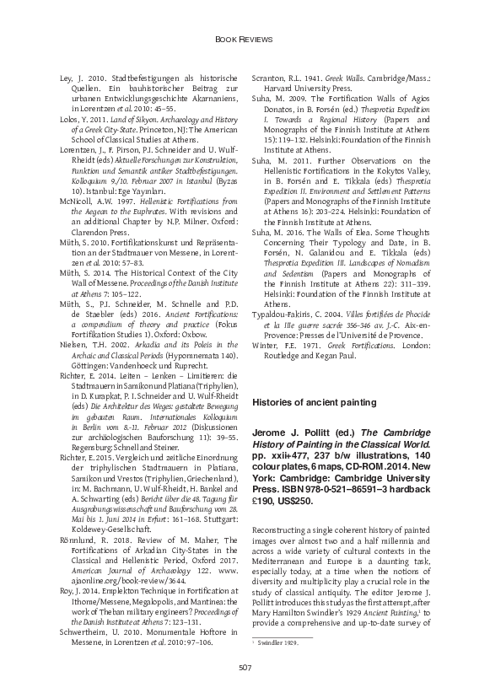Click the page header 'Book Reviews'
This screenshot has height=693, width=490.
click(x=245, y=39)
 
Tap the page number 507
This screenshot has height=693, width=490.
click(x=245, y=669)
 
